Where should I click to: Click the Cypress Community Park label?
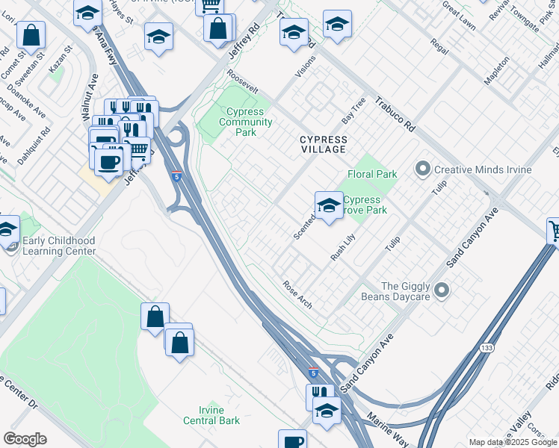tap(245, 122)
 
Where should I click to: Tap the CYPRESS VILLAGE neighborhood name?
tap(323, 144)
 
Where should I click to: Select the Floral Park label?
tap(371, 174)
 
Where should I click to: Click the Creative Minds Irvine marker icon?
tap(424, 169)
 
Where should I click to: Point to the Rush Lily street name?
tap(343, 247)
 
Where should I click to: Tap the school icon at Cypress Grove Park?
tap(328, 205)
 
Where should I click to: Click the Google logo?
tap(25, 439)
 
